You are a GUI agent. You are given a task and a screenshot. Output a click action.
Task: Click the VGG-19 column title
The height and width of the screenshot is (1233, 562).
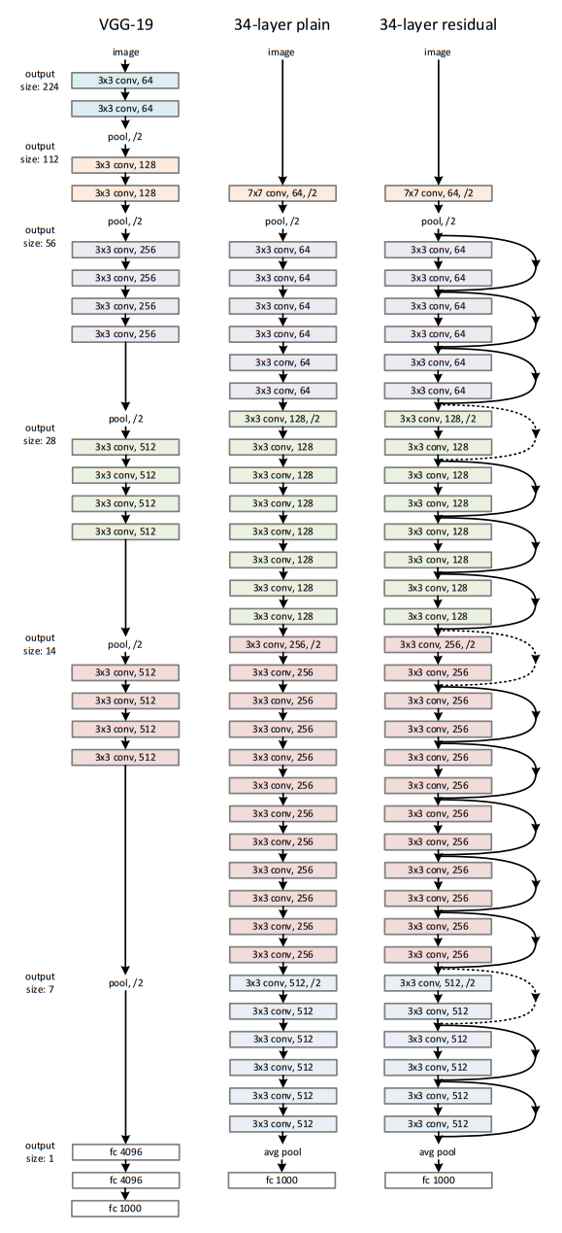coord(125,24)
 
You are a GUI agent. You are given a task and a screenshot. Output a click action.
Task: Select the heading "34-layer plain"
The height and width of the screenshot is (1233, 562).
coord(281,24)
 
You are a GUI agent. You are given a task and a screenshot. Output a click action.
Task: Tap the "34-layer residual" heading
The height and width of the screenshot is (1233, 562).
coord(438,24)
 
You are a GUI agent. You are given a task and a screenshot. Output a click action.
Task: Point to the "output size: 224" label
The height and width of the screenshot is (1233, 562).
coord(40,80)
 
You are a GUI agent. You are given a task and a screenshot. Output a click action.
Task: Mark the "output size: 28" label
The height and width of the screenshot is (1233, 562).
coord(40,433)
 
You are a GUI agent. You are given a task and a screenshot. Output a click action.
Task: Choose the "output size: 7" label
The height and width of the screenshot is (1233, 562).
coord(40,982)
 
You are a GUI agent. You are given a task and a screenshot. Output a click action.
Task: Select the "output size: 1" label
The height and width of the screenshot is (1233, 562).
coord(40,1151)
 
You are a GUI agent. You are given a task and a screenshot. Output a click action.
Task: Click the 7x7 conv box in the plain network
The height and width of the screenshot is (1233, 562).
coord(281,193)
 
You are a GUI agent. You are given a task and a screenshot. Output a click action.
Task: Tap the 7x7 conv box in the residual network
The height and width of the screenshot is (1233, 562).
coord(438,193)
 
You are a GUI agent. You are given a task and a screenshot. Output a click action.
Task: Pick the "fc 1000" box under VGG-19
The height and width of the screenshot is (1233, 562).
coord(125,1209)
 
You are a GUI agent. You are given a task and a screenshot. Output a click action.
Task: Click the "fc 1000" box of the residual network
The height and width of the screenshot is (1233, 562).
coord(438,1181)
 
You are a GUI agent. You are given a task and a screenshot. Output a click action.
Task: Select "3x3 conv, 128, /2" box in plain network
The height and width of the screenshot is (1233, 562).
coord(281,419)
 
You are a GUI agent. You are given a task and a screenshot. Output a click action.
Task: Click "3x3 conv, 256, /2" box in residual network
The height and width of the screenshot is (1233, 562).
coord(438,644)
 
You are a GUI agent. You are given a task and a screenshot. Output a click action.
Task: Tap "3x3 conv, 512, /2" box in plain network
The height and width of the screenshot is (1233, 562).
coord(281,982)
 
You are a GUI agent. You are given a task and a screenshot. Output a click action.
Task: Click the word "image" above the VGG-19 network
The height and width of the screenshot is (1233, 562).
coord(125,51)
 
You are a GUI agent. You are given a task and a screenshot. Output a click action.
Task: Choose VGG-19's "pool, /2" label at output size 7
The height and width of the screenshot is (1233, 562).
coord(125,982)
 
